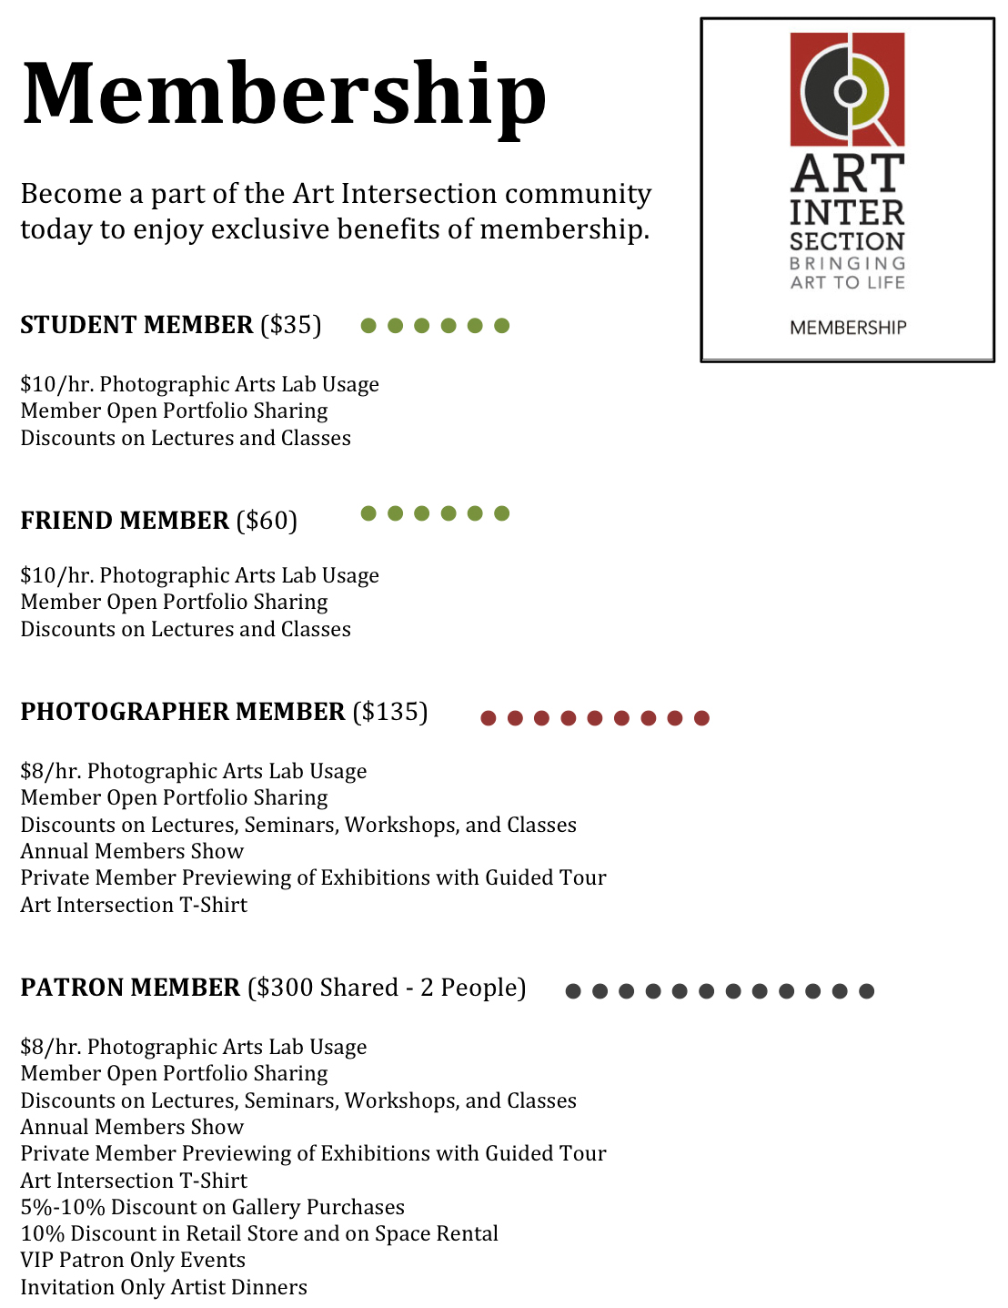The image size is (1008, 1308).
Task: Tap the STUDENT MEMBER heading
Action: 136,325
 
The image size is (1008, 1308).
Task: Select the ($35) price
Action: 291,325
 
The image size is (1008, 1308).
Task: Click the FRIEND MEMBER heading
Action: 125,521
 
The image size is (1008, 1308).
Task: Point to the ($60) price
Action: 267,521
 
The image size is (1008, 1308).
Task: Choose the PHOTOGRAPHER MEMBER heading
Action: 183,712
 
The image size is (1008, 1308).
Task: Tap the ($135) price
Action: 390,712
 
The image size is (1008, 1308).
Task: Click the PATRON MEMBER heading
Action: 130,988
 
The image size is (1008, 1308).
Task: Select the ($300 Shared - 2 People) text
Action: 387,988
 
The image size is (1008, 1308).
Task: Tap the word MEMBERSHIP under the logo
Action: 848,328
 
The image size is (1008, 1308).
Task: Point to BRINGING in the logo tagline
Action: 848,263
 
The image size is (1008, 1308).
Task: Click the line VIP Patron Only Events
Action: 133,1260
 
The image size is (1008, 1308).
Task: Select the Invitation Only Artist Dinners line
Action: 164,1287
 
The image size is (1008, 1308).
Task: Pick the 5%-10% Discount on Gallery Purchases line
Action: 212,1207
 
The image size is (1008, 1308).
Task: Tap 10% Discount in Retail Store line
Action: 259,1233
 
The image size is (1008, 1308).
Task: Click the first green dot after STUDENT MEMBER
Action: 368,326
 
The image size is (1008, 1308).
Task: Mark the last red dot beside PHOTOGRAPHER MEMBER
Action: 701,718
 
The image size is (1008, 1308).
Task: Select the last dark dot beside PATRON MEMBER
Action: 866,991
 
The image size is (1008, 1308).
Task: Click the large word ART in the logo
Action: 847,173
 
